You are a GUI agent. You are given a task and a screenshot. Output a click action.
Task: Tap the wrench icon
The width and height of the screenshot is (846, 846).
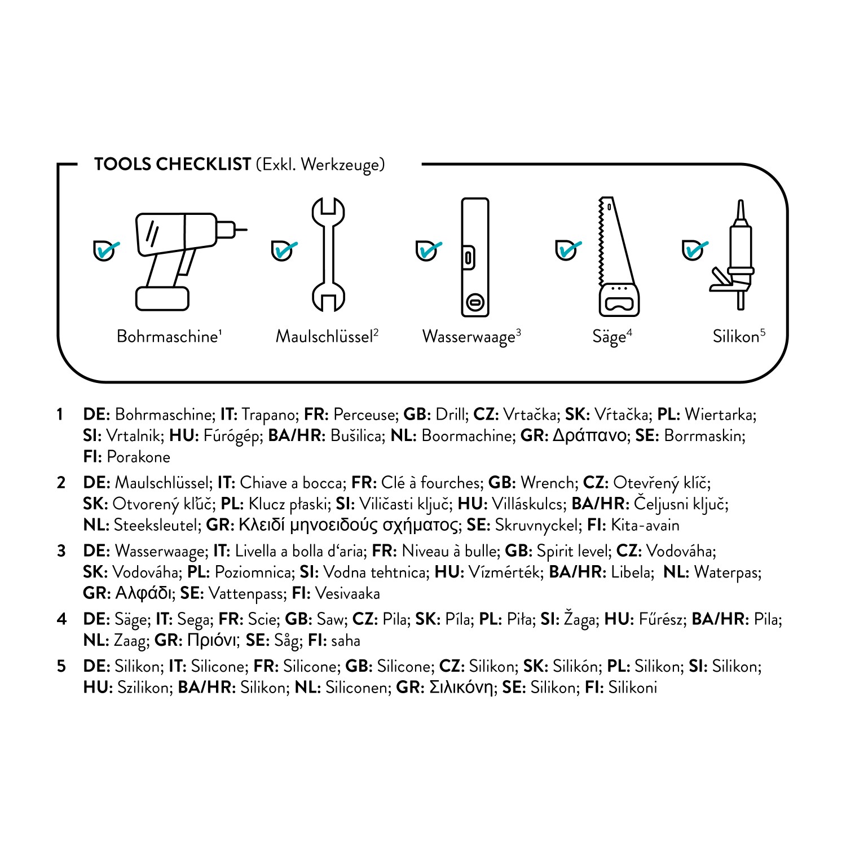(x=328, y=254)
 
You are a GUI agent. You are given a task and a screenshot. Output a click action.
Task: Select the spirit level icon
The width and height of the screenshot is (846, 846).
(x=475, y=257)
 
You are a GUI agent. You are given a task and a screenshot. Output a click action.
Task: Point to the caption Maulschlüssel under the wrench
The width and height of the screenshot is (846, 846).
(x=326, y=337)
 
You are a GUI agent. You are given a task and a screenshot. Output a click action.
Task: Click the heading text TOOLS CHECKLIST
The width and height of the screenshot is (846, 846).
(x=173, y=164)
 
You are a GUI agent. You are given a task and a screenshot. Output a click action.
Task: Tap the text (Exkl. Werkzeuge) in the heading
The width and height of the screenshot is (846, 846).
(x=320, y=164)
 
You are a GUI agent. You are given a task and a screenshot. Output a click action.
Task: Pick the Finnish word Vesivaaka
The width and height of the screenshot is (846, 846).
(x=347, y=593)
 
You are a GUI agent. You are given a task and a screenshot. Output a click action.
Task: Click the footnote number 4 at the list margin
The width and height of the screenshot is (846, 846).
(x=61, y=619)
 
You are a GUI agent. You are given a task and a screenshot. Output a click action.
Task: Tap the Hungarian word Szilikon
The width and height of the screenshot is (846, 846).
(x=143, y=688)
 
